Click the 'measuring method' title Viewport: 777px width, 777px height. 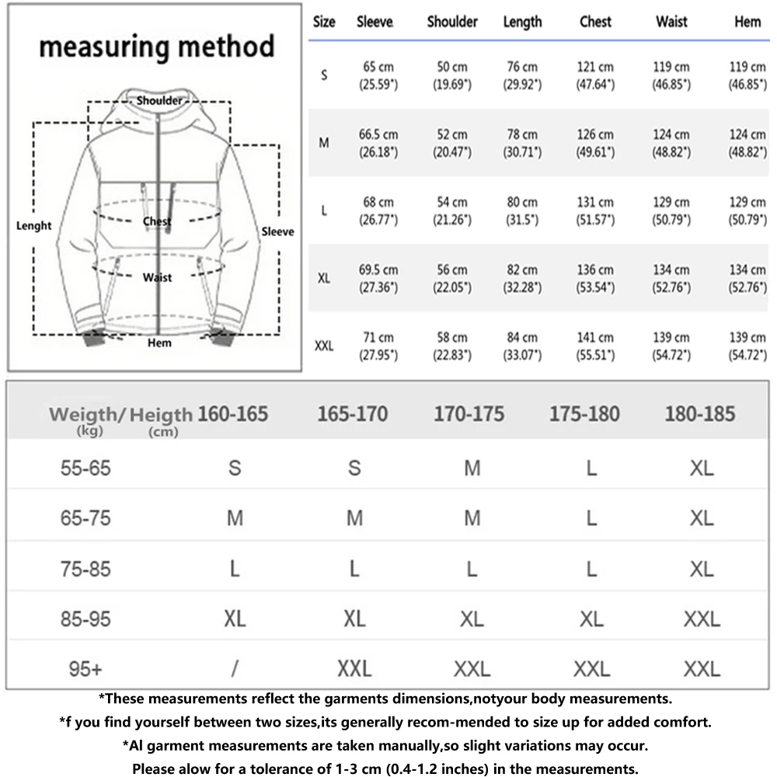pyautogui.click(x=156, y=47)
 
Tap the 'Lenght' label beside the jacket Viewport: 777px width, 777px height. pyautogui.click(x=33, y=226)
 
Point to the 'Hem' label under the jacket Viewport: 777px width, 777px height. pyautogui.click(x=159, y=343)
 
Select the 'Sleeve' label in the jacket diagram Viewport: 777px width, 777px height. pyautogui.click(x=277, y=232)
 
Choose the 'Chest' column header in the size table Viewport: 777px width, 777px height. pyautogui.click(x=595, y=22)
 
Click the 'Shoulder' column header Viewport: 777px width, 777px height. pyautogui.click(x=452, y=22)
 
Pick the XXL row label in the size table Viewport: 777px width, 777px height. pyautogui.click(x=324, y=346)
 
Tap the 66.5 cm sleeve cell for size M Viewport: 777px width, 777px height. pyautogui.click(x=378, y=143)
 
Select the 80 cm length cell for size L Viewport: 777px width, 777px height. pyautogui.click(x=522, y=211)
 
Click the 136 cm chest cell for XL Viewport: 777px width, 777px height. pyautogui.click(x=595, y=278)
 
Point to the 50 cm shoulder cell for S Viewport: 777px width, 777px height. pyautogui.click(x=452, y=75)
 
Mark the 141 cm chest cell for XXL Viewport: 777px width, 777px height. pyautogui.click(x=595, y=346)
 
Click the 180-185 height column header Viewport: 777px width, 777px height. pyautogui.click(x=699, y=413)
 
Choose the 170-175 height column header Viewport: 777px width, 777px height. pyautogui.click(x=469, y=413)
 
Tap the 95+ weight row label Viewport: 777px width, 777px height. pyautogui.click(x=85, y=668)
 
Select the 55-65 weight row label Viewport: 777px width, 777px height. pyautogui.click(x=85, y=469)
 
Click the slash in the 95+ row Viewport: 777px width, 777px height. pyautogui.click(x=235, y=668)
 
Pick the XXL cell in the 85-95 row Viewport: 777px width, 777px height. pyautogui.click(x=702, y=619)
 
